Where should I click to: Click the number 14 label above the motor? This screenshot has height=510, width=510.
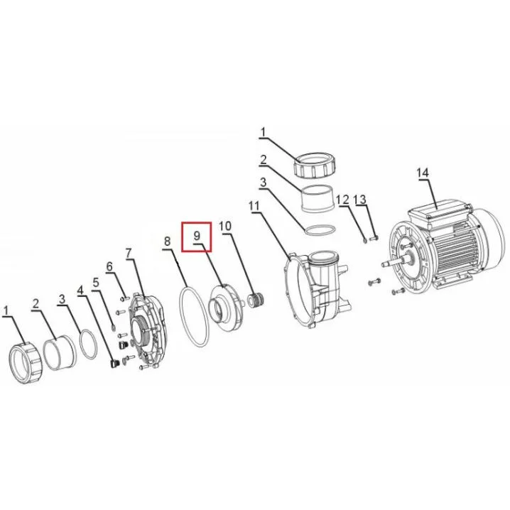click(x=423, y=173)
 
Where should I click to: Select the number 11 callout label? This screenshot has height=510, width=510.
click(x=254, y=205)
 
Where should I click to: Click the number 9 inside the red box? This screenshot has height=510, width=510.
click(x=197, y=235)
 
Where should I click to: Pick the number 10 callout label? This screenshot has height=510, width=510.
click(x=225, y=226)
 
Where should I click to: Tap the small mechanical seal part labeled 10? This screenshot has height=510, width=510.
click(x=256, y=300)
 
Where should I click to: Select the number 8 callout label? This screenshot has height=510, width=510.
click(x=167, y=242)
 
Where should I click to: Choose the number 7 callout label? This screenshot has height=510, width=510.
click(x=129, y=253)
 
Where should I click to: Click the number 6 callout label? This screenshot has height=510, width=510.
click(x=109, y=266)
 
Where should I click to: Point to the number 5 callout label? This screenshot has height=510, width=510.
click(x=96, y=282)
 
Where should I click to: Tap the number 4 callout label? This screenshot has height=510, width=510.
click(x=80, y=290)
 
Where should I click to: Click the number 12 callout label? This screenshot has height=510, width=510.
click(x=342, y=200)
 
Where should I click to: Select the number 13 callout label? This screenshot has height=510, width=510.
click(x=360, y=200)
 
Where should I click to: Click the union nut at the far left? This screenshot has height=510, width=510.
click(x=26, y=363)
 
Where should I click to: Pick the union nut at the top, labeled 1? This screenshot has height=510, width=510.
click(x=314, y=165)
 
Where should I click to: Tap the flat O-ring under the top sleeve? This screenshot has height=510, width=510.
click(x=319, y=229)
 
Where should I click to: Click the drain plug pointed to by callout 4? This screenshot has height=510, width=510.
click(x=114, y=363)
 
